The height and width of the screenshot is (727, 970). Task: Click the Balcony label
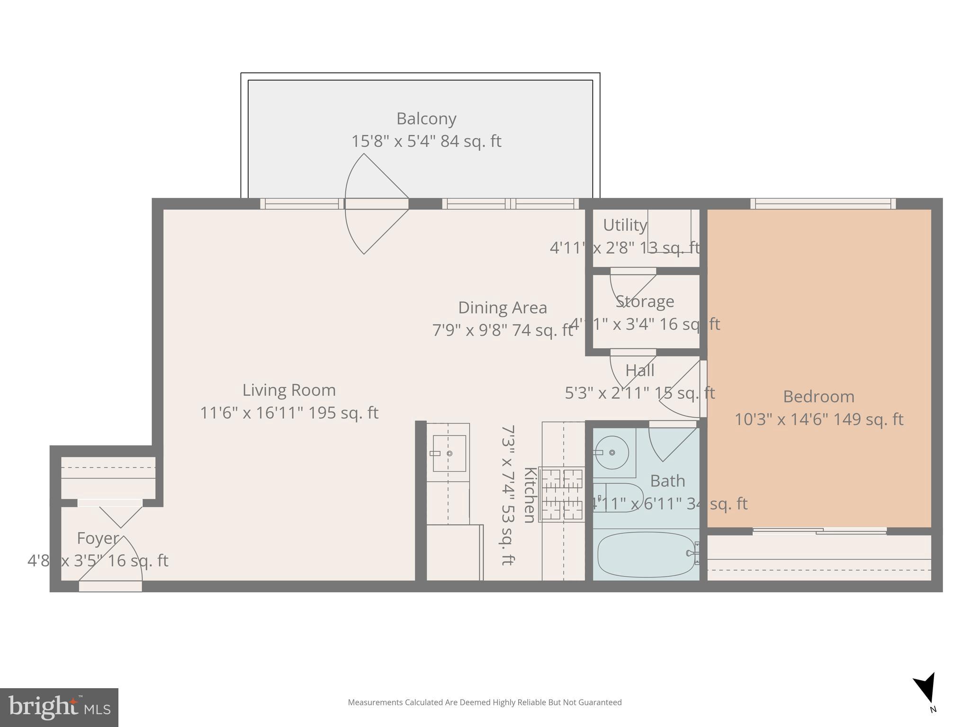pos(426,118)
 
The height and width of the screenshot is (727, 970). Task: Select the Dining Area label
pos(502,308)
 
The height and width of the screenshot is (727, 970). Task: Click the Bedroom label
pos(818,396)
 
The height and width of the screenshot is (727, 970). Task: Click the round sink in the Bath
pos(611,452)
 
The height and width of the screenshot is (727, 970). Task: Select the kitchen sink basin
pos(449,453)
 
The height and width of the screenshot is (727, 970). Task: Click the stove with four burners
pos(562,494)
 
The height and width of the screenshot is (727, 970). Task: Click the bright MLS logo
pos(59,707)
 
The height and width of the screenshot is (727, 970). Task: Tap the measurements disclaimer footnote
pos(485,702)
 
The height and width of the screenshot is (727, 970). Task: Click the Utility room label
pos(625,225)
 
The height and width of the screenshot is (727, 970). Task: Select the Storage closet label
pos(645,301)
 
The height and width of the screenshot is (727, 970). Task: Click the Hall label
pos(639,370)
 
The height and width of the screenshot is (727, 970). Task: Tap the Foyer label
pos(98,538)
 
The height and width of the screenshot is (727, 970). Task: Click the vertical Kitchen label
pos(530,495)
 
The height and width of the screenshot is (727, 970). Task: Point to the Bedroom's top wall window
pos(823,204)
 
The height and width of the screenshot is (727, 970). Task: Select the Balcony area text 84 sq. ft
pos(470,141)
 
